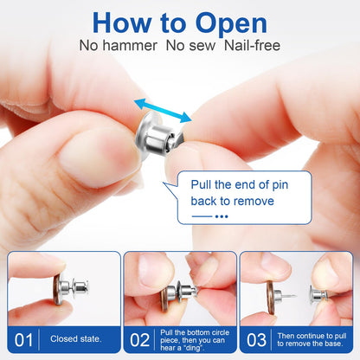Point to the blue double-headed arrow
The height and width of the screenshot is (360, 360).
point(163,111)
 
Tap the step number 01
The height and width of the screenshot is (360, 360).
point(26,338)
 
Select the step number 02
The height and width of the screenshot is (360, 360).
point(140,338)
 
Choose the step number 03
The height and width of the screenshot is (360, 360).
point(258,338)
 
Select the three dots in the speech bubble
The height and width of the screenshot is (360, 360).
point(222,216)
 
